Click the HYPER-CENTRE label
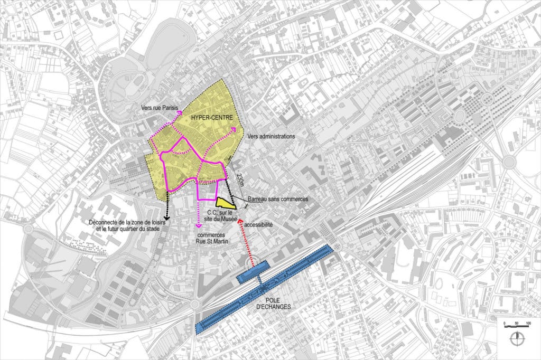tap(210, 119)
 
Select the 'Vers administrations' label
tap(270, 136)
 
